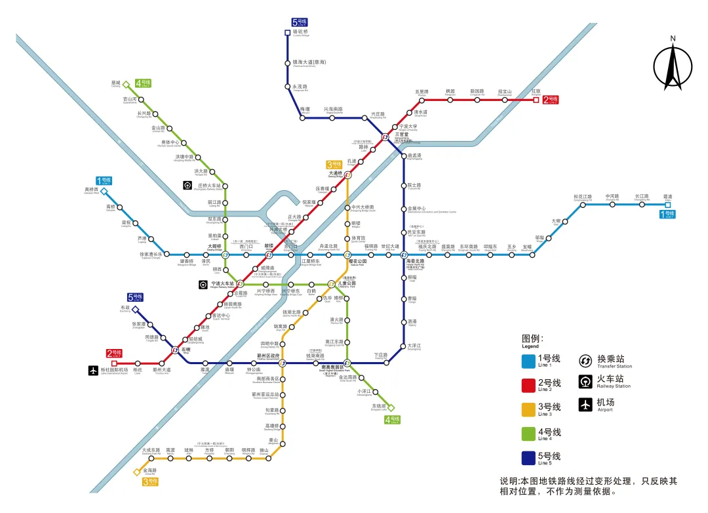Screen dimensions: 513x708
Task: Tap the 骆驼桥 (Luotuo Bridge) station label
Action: coord(301,32)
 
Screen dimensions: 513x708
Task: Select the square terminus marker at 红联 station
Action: coord(536,100)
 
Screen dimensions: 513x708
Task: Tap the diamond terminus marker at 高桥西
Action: coord(104,192)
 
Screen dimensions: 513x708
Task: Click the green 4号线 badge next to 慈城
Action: coord(143,83)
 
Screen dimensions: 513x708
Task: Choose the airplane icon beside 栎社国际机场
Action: coord(92,371)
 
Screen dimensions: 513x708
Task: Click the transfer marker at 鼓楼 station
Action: coord(269,255)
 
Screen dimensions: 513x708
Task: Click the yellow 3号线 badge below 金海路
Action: coord(150,482)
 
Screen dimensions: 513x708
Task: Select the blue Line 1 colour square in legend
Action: coord(528,361)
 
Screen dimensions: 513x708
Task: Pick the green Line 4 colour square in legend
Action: coord(528,433)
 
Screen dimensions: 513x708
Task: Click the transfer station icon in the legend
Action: coord(585,360)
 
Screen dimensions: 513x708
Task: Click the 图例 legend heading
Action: coord(533,339)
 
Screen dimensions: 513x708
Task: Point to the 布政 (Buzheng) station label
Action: coord(126,308)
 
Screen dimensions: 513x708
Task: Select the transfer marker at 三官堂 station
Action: coord(386,137)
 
